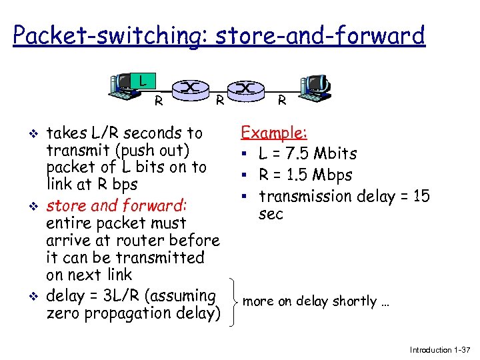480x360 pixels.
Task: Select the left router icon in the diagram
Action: pyautogui.click(x=191, y=87)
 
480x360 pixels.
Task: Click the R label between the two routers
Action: pyautogui.click(x=219, y=101)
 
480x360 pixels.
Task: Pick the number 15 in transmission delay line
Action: pyautogui.click(x=421, y=196)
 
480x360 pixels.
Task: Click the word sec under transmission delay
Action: pyautogui.click(x=271, y=214)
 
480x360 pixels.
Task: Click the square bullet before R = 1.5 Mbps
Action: pyautogui.click(x=246, y=175)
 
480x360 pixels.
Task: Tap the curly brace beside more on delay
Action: pyautogui.click(x=232, y=301)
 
